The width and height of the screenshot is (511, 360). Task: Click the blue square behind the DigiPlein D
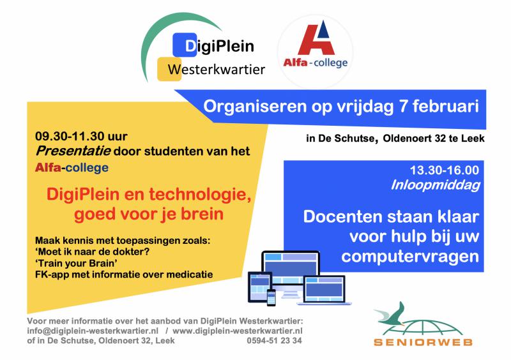(x=185, y=45)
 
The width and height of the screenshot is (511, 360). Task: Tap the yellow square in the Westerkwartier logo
(x=169, y=69)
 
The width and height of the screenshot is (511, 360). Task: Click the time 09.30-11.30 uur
(x=81, y=136)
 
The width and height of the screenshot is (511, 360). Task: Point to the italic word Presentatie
(x=73, y=151)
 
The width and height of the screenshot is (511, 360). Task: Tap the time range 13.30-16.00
(x=445, y=170)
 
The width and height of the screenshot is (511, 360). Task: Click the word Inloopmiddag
(x=436, y=185)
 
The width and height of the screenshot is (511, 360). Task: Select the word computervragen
(x=410, y=257)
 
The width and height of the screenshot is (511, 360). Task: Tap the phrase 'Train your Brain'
(x=76, y=263)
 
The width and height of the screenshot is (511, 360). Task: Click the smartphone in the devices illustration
(x=271, y=297)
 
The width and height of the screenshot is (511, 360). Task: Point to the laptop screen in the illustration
(x=324, y=289)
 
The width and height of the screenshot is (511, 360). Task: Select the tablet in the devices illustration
(x=260, y=287)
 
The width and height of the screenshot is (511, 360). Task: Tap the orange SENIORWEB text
(x=423, y=342)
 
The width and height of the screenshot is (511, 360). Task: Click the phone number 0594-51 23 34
(x=274, y=341)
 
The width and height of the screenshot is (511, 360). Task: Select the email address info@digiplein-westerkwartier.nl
(x=93, y=331)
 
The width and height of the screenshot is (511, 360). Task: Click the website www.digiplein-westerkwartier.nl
(x=238, y=331)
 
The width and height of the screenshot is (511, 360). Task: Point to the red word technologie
(x=200, y=195)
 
